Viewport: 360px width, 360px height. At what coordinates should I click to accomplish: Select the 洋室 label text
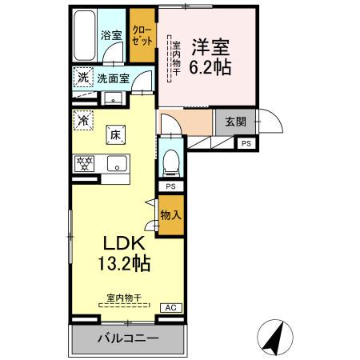tap(210, 46)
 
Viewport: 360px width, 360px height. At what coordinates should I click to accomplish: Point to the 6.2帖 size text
tap(210, 67)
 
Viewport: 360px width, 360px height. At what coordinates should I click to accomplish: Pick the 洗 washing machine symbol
tap(83, 78)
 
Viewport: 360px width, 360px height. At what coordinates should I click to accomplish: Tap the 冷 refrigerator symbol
tap(83, 120)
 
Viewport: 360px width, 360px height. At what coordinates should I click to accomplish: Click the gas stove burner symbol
tap(83, 164)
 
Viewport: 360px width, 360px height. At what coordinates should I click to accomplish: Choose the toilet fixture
tap(170, 162)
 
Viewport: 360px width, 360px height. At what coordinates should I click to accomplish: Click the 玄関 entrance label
tap(235, 122)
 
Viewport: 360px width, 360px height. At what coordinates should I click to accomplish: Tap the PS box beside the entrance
tap(246, 143)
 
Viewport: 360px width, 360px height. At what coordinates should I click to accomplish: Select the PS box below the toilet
tap(170, 186)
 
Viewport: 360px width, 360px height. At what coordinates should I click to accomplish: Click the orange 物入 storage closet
tap(170, 214)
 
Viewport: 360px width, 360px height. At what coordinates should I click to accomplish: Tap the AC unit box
tap(170, 307)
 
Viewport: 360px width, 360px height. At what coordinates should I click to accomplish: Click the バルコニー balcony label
tap(128, 338)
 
